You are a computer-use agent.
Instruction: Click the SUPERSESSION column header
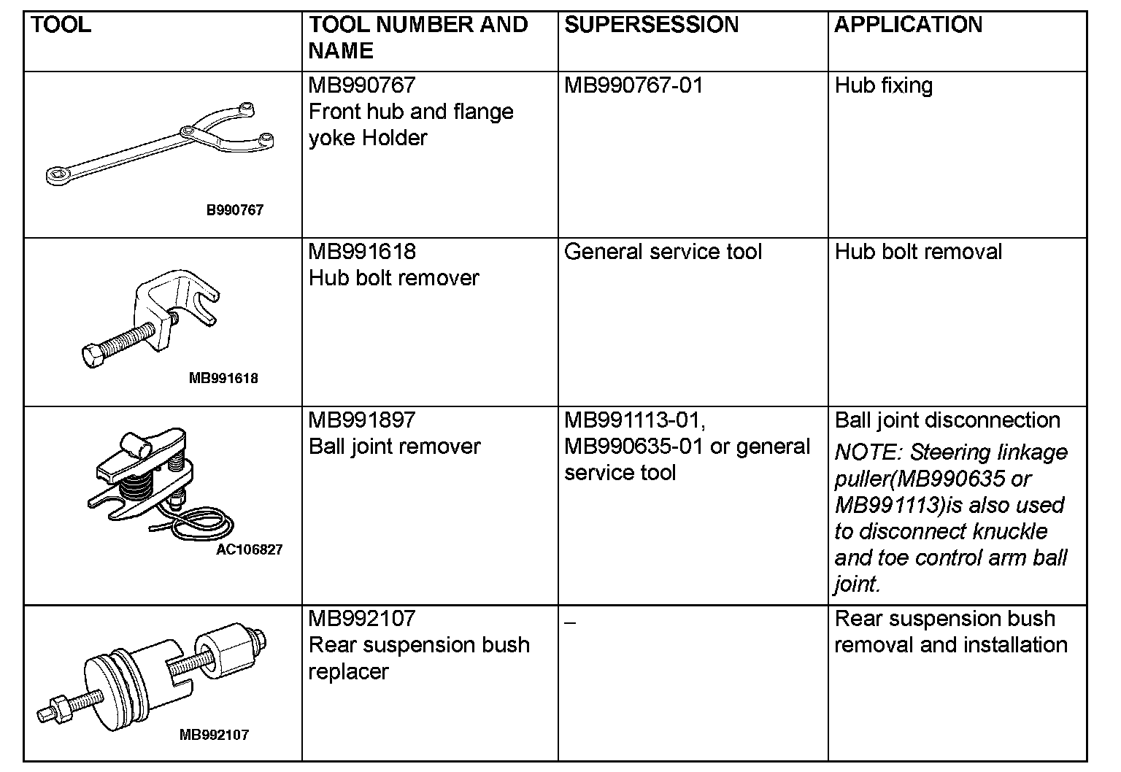[x=651, y=25]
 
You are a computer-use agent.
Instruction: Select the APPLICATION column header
[x=908, y=25]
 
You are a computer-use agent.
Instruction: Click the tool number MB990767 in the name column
[x=361, y=85]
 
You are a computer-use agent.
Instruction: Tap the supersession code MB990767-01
[x=633, y=85]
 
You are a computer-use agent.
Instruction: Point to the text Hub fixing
[x=883, y=85]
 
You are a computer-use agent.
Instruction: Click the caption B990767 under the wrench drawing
[x=234, y=210]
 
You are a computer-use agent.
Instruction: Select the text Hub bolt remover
[x=393, y=278]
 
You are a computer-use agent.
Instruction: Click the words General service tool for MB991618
[x=663, y=252]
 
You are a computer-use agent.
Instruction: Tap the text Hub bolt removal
[x=918, y=252]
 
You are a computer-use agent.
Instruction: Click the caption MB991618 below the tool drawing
[x=223, y=378]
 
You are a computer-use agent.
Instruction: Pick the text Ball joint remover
[x=394, y=447]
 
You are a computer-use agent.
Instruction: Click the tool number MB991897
[x=361, y=420]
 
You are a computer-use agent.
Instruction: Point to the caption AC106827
[x=249, y=549]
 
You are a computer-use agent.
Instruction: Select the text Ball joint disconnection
[x=947, y=420]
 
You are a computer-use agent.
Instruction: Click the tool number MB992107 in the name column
[x=362, y=619]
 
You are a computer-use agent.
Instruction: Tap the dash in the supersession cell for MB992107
[x=570, y=622]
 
